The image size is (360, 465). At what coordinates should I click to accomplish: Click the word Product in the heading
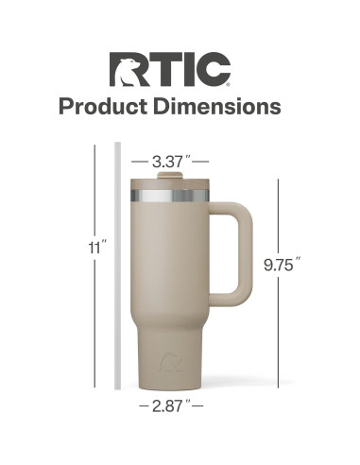[x=103, y=106]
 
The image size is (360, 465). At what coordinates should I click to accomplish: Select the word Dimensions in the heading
[x=217, y=106]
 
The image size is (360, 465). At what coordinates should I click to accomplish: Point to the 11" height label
[x=97, y=248]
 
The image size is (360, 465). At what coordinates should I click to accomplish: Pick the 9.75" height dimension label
[x=282, y=265]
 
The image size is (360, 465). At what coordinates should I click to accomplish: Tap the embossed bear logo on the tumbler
[x=171, y=362]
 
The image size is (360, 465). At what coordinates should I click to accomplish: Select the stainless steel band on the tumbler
[x=170, y=196]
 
